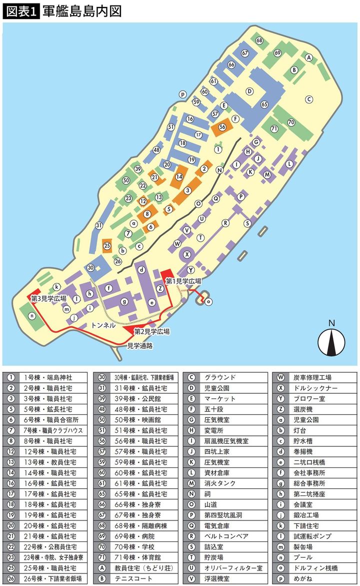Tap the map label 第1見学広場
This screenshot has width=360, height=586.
coord(183,281)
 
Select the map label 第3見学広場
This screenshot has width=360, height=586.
coord(48,298)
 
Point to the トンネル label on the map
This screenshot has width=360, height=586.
coord(103,325)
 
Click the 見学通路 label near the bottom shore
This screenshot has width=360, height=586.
coord(140,345)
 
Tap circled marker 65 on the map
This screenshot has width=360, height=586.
coord(264,104)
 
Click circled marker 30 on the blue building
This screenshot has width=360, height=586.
coord(90,268)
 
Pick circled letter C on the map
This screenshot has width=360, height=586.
coord(309,99)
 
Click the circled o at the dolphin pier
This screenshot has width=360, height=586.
coord(208,301)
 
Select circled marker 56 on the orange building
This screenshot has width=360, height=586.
coord(222,127)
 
